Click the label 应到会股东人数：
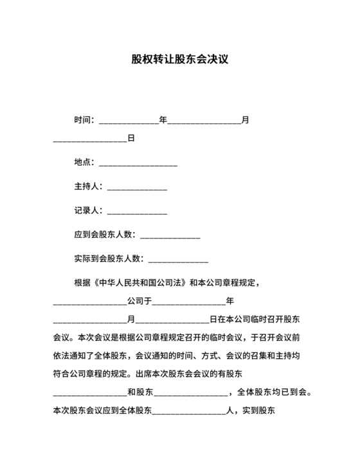click(x=105, y=235)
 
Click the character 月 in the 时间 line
click(x=245, y=120)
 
